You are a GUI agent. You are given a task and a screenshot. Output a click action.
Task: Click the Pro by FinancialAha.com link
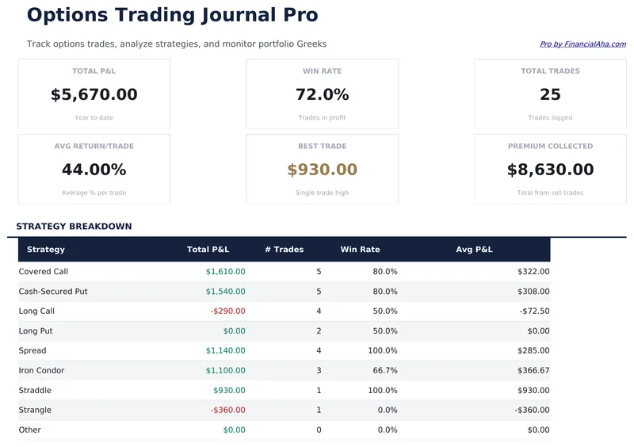point(582,44)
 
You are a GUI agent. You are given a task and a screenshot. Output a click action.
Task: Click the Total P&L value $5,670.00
point(94,95)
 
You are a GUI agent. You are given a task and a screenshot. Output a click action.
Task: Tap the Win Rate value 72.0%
point(322,95)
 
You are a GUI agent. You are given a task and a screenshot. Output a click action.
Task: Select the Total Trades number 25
point(550,95)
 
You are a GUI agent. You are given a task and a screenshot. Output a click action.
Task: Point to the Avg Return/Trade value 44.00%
point(94,170)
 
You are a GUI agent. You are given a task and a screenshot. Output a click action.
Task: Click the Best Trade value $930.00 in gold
point(322,170)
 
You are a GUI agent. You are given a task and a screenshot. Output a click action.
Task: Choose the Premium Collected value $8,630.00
point(550,170)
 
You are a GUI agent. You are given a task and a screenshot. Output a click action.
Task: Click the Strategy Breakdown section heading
point(74,227)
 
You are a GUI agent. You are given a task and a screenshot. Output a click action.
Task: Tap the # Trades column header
point(284,250)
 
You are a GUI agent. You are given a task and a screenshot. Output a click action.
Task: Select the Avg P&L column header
point(474,250)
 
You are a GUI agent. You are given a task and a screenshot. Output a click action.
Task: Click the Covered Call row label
point(44,272)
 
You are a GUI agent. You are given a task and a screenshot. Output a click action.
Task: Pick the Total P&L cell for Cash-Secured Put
point(225,292)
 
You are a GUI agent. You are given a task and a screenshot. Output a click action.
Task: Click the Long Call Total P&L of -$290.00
point(227,311)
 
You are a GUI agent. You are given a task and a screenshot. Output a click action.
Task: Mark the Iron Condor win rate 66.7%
point(384,371)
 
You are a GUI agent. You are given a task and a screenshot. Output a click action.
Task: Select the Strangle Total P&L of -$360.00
point(227,411)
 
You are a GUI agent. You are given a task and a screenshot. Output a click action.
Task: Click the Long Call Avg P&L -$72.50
point(534,311)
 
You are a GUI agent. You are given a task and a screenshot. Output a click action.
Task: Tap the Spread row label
point(32,351)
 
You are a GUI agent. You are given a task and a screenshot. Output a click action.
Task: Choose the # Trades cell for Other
point(319,430)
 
